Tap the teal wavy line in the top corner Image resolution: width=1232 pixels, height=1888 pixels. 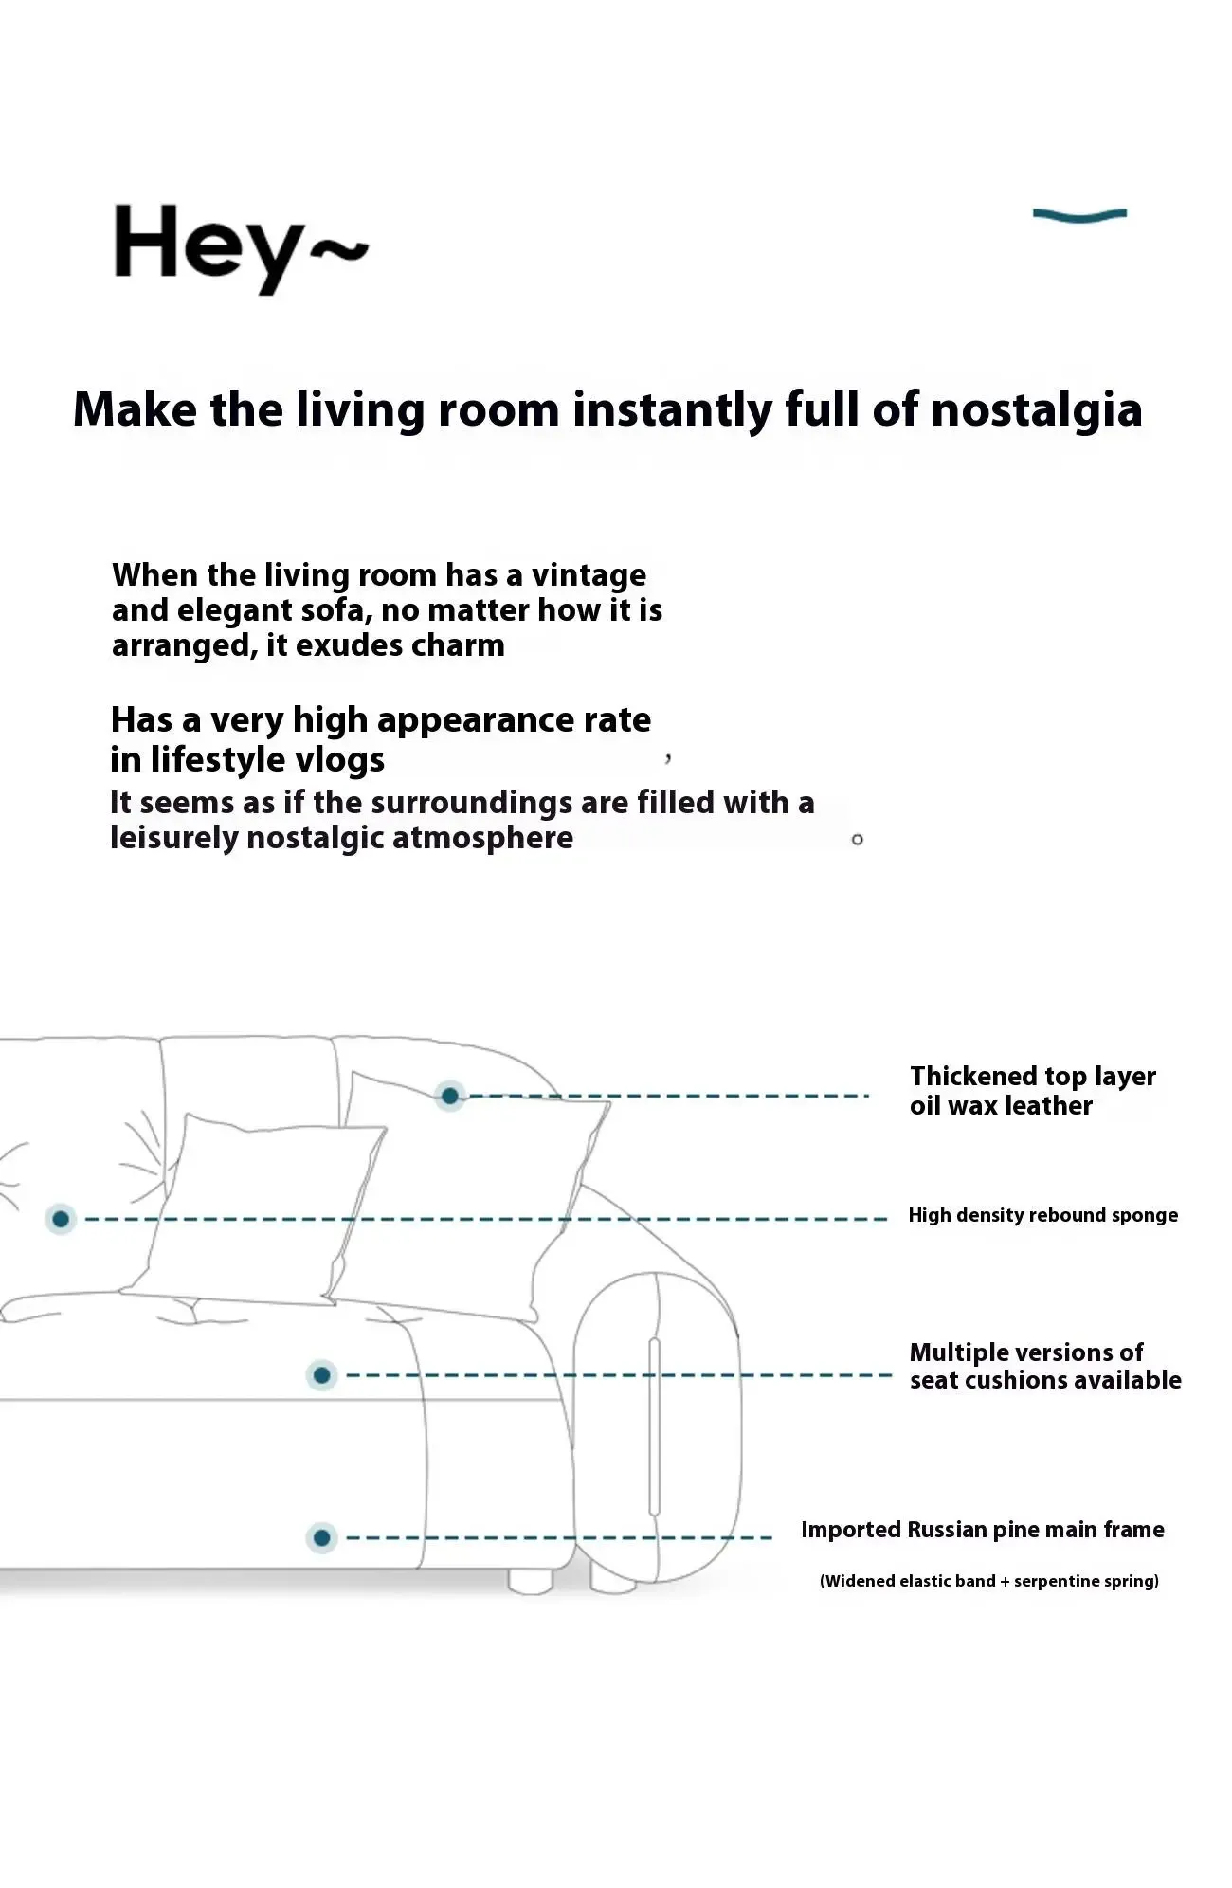click(x=1079, y=215)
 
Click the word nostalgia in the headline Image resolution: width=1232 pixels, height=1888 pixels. click(x=1037, y=410)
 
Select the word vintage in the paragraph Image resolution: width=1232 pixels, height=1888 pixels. click(x=589, y=576)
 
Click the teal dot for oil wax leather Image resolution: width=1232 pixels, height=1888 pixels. click(x=450, y=1097)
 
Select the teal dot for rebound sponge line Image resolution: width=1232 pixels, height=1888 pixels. click(x=61, y=1219)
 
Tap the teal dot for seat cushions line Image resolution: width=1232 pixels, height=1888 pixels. click(x=322, y=1375)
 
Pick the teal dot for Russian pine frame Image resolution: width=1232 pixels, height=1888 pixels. click(x=322, y=1537)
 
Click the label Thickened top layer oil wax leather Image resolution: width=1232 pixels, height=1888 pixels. click(x=1033, y=1091)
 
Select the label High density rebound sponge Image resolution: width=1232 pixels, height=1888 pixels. click(x=1043, y=1215)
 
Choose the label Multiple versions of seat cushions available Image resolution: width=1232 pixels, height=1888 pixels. click(x=1045, y=1366)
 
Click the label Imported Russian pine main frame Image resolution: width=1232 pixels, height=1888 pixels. click(x=983, y=1530)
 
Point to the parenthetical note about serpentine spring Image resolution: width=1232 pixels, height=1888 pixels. click(x=989, y=1581)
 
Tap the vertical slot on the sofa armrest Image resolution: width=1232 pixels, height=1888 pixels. click(x=654, y=1425)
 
